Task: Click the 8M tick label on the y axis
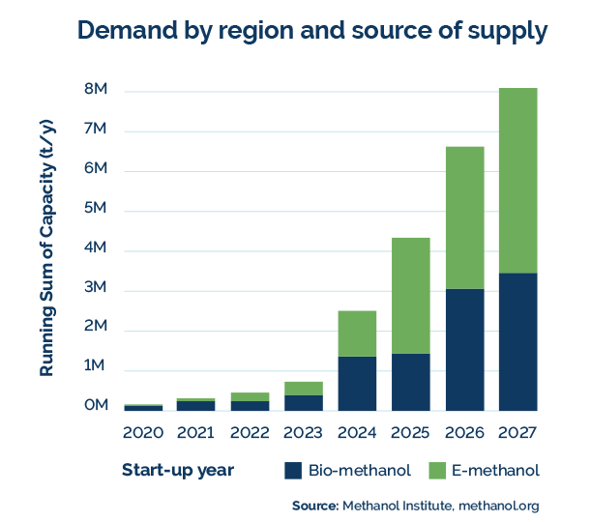(x=96, y=91)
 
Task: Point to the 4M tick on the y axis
(x=96, y=249)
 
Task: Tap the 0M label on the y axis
(x=96, y=405)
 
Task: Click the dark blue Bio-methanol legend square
(x=293, y=471)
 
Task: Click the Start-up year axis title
(x=177, y=471)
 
